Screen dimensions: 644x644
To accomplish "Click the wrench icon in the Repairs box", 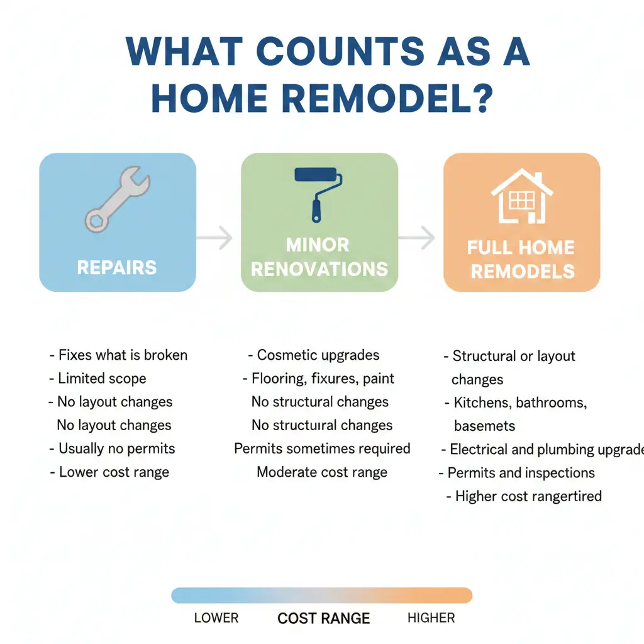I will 117,199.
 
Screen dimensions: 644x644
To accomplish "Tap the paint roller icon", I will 319,192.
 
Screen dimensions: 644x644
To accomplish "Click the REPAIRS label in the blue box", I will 117,267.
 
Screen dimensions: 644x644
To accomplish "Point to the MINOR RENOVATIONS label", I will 319,257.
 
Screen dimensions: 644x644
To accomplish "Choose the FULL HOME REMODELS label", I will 521,258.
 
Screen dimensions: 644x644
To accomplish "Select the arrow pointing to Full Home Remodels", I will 419,238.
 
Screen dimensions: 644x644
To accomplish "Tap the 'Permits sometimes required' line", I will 322,448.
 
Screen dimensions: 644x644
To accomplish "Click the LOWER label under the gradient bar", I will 216,618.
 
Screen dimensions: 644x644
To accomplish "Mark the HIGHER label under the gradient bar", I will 431,618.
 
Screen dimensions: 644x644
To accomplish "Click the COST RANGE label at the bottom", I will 323,618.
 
